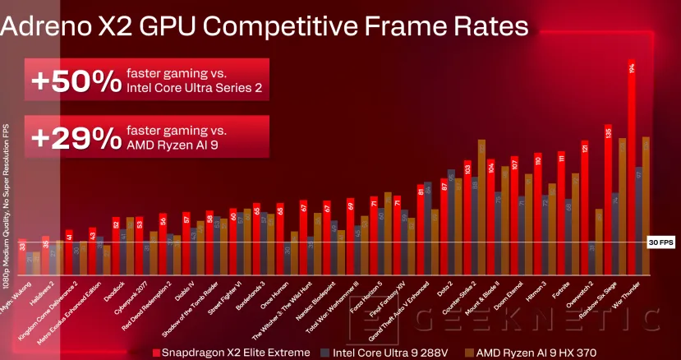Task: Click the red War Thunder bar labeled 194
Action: click(632, 164)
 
